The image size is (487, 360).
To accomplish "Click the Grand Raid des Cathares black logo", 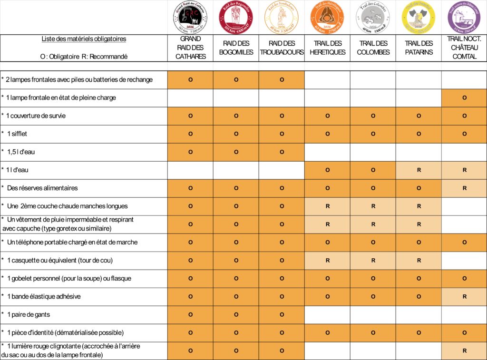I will point(190,18).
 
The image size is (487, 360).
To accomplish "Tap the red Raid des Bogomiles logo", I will point(236,18).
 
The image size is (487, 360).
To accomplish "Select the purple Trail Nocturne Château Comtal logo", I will point(464,18).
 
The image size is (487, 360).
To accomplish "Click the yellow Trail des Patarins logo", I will point(419,18).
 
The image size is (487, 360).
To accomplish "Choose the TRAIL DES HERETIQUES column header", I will point(327,48).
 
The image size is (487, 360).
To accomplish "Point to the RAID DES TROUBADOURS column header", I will point(282,48).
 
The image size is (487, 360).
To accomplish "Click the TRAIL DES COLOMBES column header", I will point(373,48).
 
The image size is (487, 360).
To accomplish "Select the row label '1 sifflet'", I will point(17,134).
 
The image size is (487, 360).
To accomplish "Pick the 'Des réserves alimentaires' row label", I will point(42,188).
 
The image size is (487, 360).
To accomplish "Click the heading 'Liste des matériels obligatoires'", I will point(84,39).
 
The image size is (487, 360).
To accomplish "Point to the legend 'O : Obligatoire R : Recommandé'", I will point(84,56).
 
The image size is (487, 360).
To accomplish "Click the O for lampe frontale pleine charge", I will point(464,98).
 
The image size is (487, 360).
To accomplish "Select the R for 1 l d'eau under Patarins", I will point(419,170).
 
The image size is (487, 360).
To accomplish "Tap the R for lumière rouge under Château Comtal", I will point(464,351).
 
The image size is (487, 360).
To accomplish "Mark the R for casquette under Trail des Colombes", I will point(373,261).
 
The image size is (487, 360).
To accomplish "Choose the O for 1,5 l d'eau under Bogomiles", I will point(236,152).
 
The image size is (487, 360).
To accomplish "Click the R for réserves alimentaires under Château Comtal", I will point(464,188).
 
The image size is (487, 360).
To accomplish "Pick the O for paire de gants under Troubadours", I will point(282,315).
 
